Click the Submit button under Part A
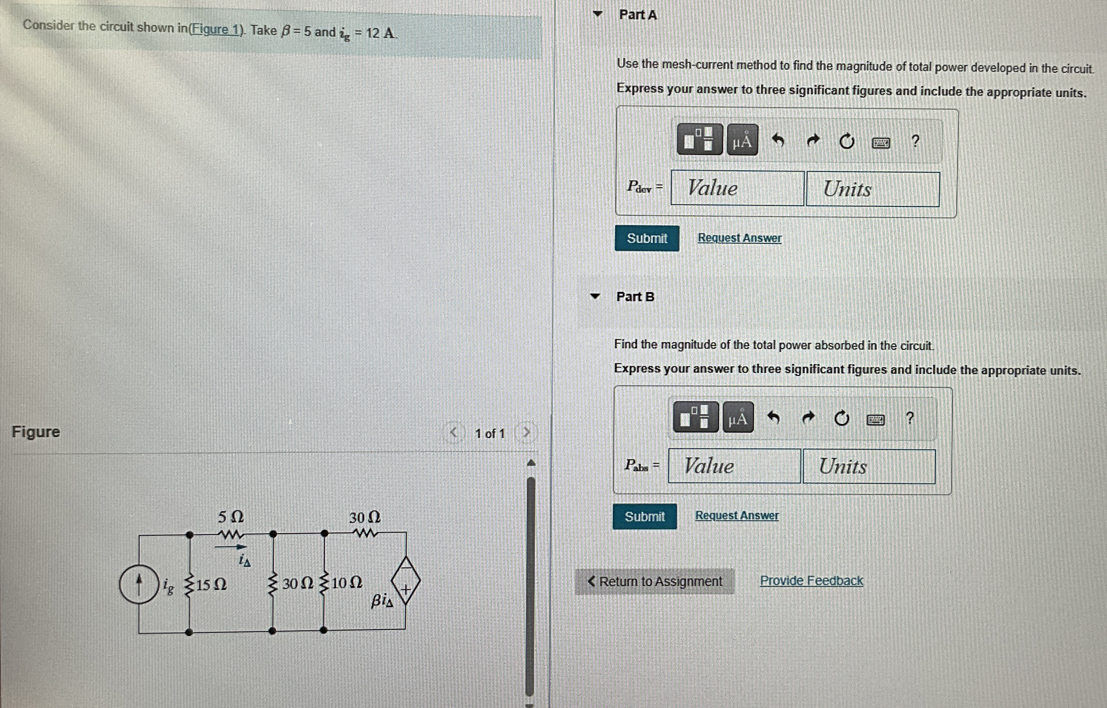coord(647,238)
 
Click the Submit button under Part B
coord(644,516)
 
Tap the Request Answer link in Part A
coord(739,238)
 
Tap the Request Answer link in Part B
coord(737,515)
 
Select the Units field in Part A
coord(872,189)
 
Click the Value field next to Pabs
coord(734,466)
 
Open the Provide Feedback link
coord(811,581)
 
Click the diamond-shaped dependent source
coord(406,580)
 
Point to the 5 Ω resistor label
coord(231,517)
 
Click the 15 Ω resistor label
coord(211,585)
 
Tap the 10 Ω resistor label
coord(346,583)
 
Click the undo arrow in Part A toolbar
coord(778,140)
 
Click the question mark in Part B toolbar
coord(909,418)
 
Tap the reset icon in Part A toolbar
coord(847,141)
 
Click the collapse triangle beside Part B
coord(595,296)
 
